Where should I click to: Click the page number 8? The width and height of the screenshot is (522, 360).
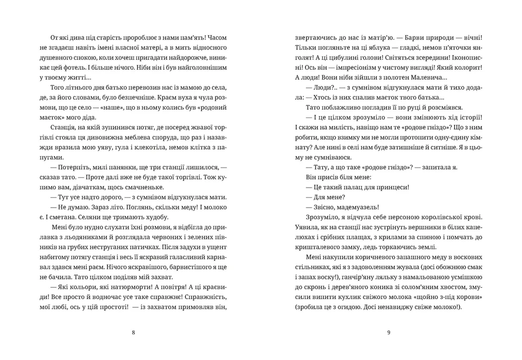pos(133,333)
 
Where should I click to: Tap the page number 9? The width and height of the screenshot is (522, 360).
pos(388,333)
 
